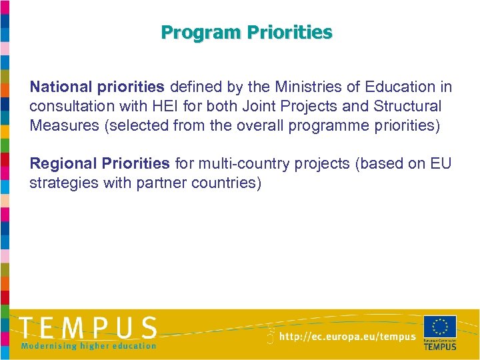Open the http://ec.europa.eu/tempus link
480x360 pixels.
click(347, 337)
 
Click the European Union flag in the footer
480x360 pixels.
click(439, 327)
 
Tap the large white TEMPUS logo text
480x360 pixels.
click(89, 327)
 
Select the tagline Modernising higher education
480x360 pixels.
click(89, 345)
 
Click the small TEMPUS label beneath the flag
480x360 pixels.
click(440, 346)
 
